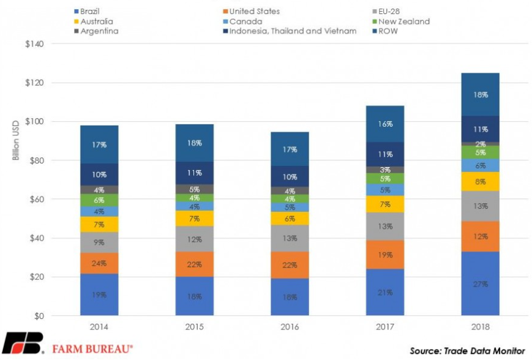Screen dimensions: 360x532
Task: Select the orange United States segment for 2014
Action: point(99,263)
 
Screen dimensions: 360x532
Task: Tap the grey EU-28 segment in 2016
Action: point(291,238)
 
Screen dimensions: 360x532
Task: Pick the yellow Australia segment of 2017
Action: point(386,204)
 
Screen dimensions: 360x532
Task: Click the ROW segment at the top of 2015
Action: point(195,143)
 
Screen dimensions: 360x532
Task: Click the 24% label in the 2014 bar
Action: point(99,263)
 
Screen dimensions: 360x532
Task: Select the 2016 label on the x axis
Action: point(290,328)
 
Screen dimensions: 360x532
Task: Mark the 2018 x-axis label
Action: point(479,328)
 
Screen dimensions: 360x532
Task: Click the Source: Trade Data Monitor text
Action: point(467,351)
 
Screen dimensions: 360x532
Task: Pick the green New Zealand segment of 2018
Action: point(479,152)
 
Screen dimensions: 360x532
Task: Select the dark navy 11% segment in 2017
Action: point(386,154)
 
